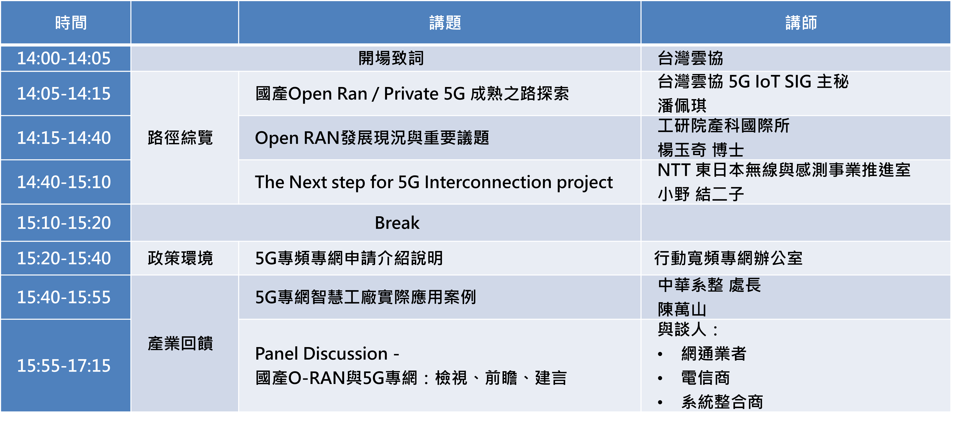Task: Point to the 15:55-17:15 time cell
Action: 64,366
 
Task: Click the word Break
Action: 397,223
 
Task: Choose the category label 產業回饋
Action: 180,343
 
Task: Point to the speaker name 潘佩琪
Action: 682,106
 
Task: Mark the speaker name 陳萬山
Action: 682,309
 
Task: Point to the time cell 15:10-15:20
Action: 64,223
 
